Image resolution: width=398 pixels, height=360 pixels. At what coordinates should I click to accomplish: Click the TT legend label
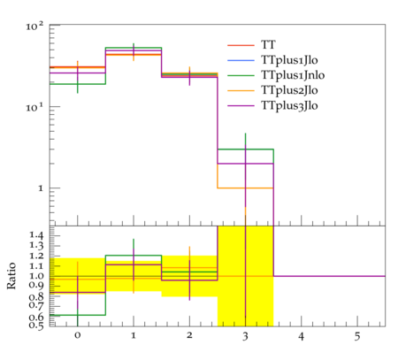click(x=268, y=45)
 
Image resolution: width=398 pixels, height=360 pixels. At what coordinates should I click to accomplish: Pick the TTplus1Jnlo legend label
click(x=293, y=75)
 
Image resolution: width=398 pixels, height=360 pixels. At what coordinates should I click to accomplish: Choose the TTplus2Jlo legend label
click(x=289, y=90)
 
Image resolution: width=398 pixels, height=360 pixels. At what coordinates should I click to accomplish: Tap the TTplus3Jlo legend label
click(x=289, y=105)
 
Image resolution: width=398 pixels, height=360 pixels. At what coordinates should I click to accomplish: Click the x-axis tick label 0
click(x=78, y=335)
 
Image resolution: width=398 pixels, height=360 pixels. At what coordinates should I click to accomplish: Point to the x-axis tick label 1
click(x=134, y=335)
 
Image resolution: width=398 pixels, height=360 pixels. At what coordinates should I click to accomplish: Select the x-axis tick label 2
click(x=189, y=335)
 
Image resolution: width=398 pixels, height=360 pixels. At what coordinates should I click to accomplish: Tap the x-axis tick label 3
click(x=245, y=336)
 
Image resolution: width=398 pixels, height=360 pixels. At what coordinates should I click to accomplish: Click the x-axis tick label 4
click(x=302, y=336)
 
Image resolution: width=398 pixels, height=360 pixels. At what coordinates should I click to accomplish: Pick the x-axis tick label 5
click(x=357, y=336)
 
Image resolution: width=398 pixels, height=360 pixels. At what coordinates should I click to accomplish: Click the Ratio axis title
click(x=11, y=276)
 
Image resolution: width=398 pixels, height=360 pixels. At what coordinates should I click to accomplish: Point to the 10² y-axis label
click(x=34, y=26)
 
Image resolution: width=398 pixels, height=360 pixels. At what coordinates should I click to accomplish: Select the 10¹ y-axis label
click(x=34, y=107)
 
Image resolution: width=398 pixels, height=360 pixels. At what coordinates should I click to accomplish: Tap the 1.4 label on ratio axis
click(x=36, y=235)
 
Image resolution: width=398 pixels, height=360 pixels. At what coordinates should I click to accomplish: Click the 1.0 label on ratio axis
click(x=36, y=276)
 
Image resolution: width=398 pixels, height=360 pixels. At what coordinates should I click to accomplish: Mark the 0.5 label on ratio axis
click(x=36, y=326)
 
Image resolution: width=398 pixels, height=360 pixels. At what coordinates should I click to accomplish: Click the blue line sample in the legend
click(x=241, y=60)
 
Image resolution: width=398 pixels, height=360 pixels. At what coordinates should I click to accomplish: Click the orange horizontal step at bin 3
click(x=245, y=188)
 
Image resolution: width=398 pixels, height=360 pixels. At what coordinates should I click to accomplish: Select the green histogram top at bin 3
click(x=245, y=149)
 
